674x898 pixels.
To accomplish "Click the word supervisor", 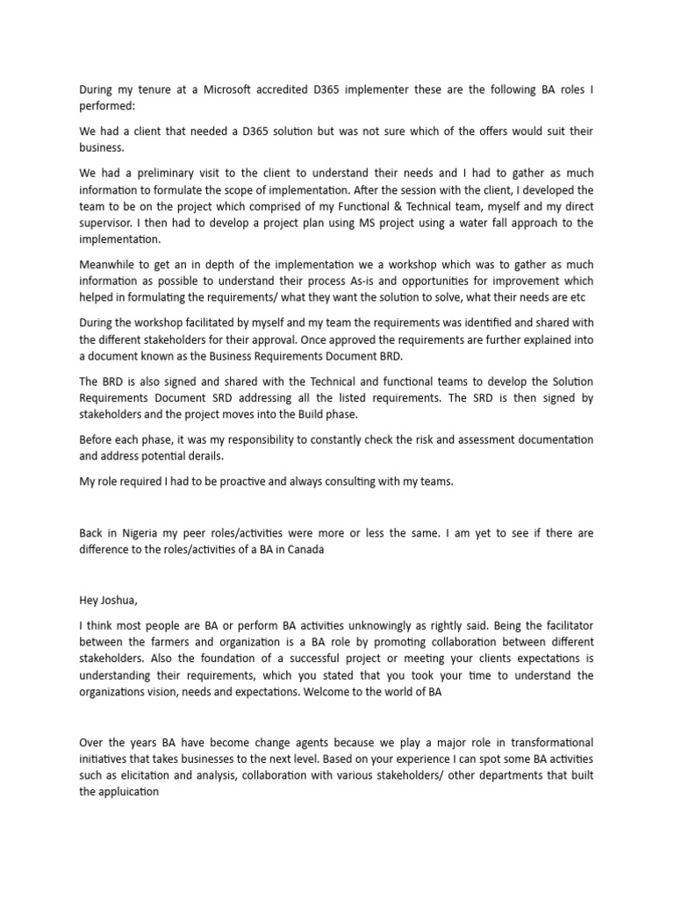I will (111, 223).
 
